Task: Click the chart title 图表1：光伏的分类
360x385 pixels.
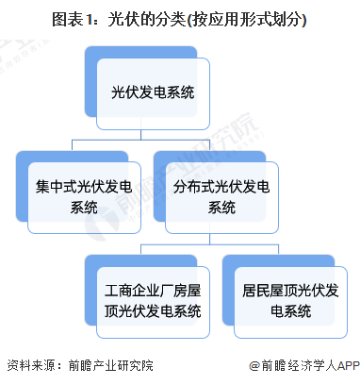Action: [180, 18]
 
